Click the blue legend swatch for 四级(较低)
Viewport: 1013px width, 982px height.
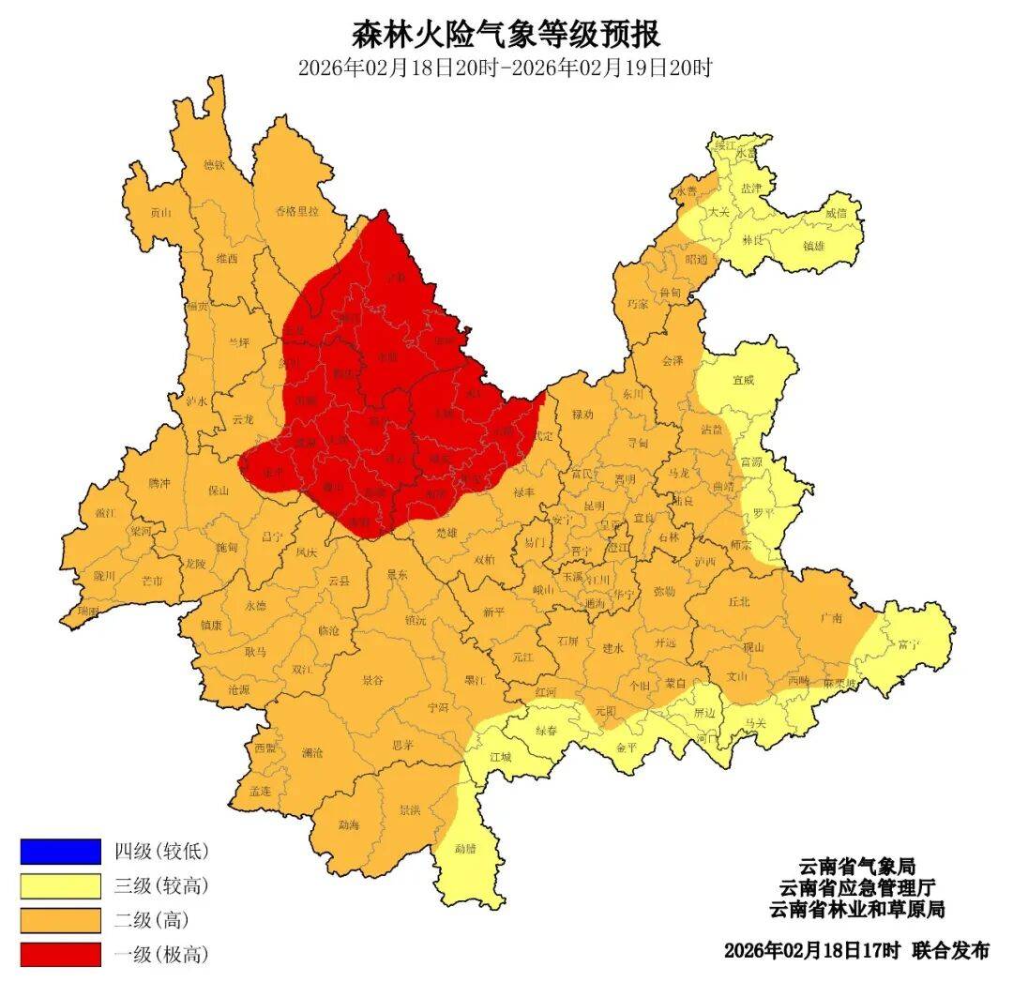(x=60, y=851)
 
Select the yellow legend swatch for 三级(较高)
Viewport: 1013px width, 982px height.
(x=60, y=884)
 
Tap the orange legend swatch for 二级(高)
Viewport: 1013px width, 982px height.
(x=60, y=919)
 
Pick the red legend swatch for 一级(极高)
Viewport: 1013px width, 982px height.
(x=60, y=954)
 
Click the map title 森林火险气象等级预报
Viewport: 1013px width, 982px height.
(x=506, y=35)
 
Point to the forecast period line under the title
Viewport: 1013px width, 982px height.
(x=506, y=68)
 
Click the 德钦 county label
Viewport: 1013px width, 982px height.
(x=215, y=165)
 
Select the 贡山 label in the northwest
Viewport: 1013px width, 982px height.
(x=161, y=213)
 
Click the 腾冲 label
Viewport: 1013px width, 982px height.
(x=159, y=483)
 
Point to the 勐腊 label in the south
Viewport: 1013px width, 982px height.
(x=466, y=849)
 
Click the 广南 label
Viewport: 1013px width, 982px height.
(x=830, y=617)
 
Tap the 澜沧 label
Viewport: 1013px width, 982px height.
(x=312, y=753)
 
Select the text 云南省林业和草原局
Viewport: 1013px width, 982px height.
(x=856, y=910)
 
